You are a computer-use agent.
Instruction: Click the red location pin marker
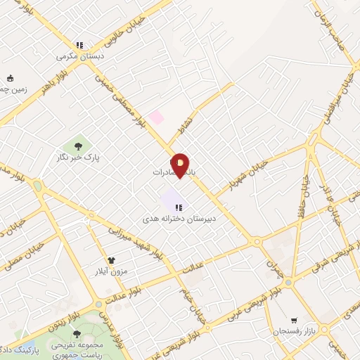point(181,165)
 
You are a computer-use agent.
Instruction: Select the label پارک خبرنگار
point(78,157)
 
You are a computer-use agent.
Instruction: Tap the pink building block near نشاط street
point(156,117)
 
